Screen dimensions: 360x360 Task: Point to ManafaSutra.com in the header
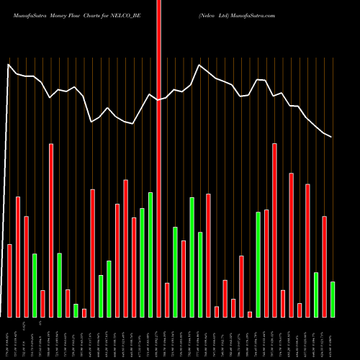tap(253, 14)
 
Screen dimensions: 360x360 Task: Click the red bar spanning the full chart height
tap(159, 158)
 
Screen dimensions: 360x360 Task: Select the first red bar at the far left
tap(9, 281)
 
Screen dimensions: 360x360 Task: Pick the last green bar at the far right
tap(333, 299)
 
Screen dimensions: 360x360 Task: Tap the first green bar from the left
tap(34, 285)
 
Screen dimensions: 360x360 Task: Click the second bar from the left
tap(18, 256)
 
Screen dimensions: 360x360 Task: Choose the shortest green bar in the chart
tap(76, 310)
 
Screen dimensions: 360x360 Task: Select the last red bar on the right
tap(325, 266)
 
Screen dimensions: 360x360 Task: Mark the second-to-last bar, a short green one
tap(316, 294)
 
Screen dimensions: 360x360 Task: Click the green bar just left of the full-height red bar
tap(150, 254)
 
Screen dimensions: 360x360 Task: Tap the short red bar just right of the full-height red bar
tap(167, 300)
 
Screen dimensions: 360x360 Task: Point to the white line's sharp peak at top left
tap(9, 66)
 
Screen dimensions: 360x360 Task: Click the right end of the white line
tap(332, 137)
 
